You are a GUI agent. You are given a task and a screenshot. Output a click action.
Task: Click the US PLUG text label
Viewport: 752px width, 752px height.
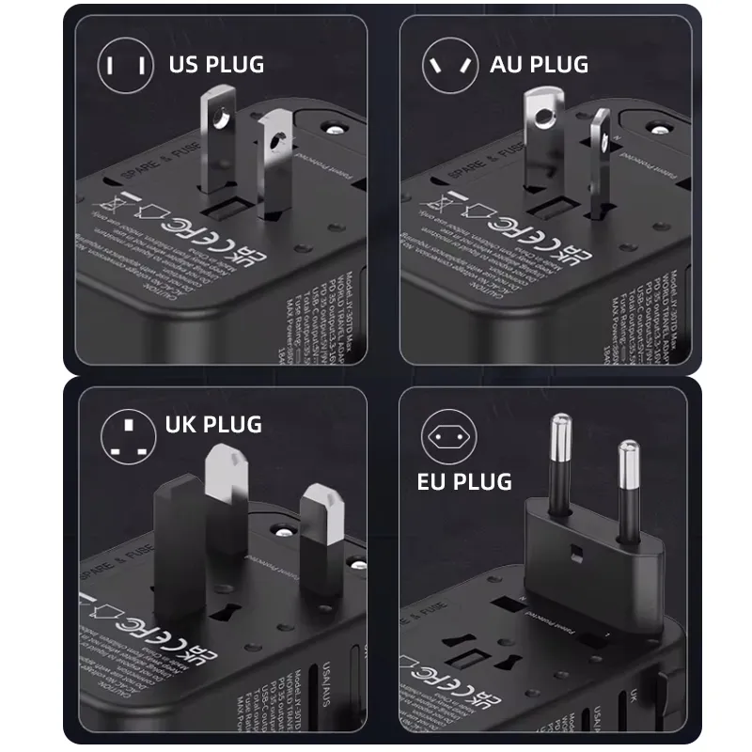coord(216,65)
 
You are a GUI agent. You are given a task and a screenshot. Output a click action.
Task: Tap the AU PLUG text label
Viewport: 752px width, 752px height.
coord(539,65)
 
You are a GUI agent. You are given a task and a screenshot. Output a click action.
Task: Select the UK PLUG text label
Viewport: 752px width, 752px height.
coord(212,425)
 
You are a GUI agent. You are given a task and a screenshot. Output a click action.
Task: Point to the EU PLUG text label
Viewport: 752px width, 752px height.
coord(464,482)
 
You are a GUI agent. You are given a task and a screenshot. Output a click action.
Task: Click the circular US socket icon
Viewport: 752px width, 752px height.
coord(126,65)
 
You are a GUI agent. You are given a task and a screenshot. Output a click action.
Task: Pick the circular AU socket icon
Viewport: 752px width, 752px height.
coord(449,65)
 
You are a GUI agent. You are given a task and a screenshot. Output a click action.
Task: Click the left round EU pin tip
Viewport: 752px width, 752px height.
coord(561,428)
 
